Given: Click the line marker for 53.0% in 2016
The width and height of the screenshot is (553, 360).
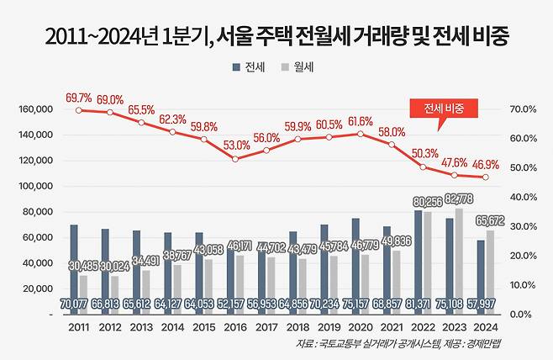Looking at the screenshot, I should point(235,158).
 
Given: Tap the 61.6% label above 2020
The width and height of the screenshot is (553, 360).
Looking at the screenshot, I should point(361,122).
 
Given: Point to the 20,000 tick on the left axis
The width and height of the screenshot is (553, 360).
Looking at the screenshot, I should point(37,289).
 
